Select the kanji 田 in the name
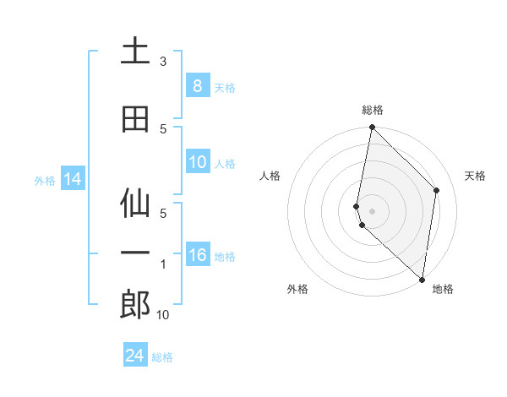pos(134,119)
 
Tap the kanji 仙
pos(134,204)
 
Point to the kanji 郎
pos(134,304)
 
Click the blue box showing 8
pos(197,85)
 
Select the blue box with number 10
pos(197,162)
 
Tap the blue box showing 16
pos(197,255)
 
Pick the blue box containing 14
pos(72,179)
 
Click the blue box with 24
pos(134,356)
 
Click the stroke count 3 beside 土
pos(163,62)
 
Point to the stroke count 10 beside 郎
pos(163,315)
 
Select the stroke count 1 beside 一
pos(163,265)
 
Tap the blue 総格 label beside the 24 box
pos(163,357)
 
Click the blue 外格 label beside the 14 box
pos(45,180)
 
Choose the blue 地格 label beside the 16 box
pos(225,256)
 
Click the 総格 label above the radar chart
pos(372,110)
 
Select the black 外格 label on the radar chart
pos(297,289)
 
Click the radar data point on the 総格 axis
pos(372,128)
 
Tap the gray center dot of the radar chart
pos(372,210)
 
